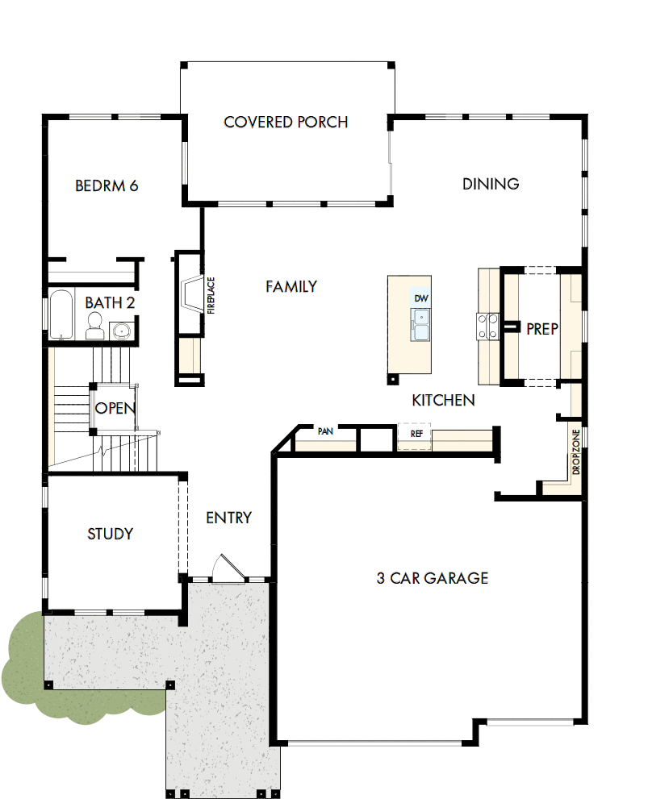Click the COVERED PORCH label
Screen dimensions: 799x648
(286, 123)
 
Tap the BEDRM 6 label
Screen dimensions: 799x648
(107, 186)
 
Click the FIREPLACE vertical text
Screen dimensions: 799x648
(211, 295)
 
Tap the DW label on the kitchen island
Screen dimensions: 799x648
(420, 298)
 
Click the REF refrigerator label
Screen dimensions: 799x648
(416, 433)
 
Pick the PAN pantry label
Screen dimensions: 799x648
(325, 431)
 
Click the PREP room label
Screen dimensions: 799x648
(541, 329)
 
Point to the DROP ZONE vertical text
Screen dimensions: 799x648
(576, 452)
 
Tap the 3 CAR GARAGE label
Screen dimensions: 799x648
(432, 578)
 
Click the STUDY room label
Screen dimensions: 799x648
(111, 534)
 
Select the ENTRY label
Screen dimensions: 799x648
(228, 518)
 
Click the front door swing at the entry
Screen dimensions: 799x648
(223, 568)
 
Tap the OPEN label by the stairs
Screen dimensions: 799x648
(115, 408)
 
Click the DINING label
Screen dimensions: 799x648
(491, 184)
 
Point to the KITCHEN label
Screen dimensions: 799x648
(443, 400)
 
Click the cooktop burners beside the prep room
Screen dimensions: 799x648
(487, 325)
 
